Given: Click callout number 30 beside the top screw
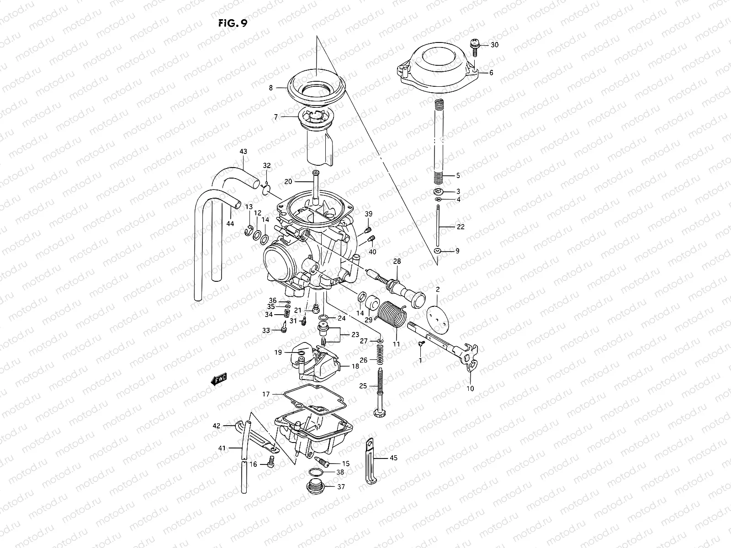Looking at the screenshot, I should pyautogui.click(x=495, y=45).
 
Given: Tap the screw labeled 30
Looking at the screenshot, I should pyautogui.click(x=474, y=44).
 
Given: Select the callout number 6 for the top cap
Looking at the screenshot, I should pyautogui.click(x=491, y=73).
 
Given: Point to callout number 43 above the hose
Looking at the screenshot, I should pyautogui.click(x=243, y=151).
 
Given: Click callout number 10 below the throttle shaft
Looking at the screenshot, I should pyautogui.click(x=470, y=389).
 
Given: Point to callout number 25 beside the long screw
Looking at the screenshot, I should pyautogui.click(x=363, y=386).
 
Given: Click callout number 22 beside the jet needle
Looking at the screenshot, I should pyautogui.click(x=461, y=227).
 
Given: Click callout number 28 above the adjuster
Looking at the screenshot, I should pyautogui.click(x=397, y=261).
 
